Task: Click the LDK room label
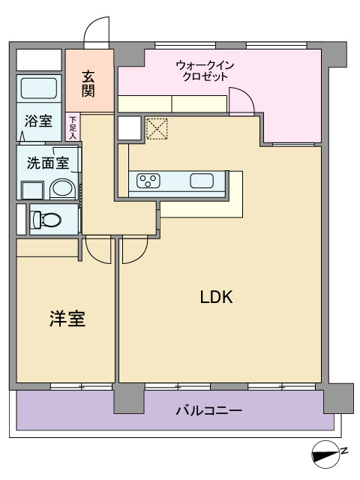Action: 217,297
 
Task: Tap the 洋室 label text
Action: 67,319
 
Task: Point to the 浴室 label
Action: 38,121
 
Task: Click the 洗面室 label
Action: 48,163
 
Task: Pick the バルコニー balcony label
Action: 209,410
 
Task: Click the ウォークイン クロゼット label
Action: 205,70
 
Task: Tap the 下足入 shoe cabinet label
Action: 73,127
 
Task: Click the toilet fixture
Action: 46,220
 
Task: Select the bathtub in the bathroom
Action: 39,88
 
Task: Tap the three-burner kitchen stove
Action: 148,181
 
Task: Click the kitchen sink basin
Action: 202,181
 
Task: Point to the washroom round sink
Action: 63,188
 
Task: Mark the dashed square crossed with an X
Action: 157,128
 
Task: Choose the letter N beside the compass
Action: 345,451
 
